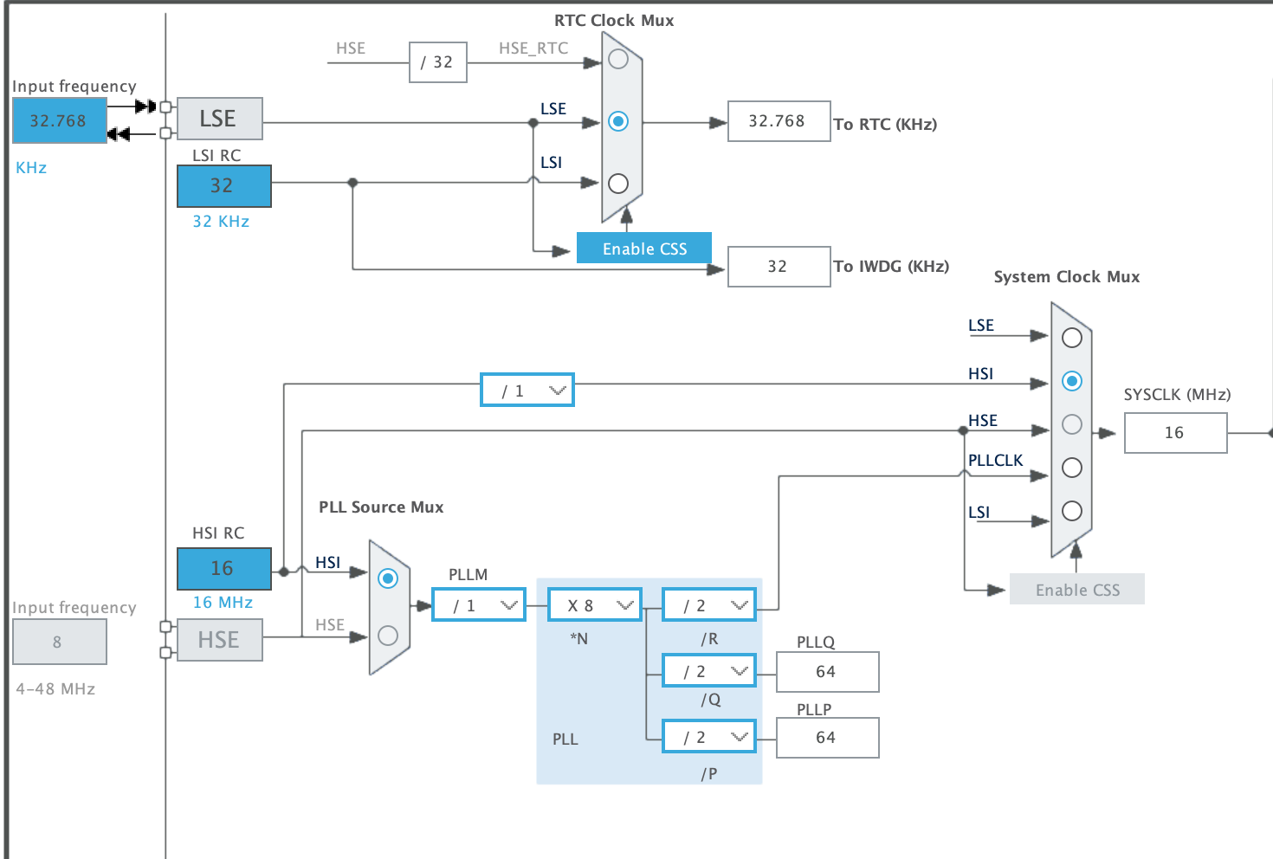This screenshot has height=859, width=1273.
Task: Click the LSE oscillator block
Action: (x=219, y=119)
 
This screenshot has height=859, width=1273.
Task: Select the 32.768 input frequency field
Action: (x=59, y=120)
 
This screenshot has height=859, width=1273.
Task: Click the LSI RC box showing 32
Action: (x=223, y=185)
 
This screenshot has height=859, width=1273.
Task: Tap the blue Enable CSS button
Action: (x=644, y=249)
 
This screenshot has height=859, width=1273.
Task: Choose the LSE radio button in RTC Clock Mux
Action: (x=618, y=121)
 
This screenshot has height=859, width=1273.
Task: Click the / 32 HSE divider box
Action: (x=437, y=62)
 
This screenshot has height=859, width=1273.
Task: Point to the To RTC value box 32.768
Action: (x=779, y=121)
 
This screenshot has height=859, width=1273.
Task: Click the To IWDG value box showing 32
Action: (x=779, y=267)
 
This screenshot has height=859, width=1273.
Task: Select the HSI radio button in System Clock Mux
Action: (x=1072, y=381)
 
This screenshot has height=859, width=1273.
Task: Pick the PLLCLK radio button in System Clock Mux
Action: (x=1072, y=468)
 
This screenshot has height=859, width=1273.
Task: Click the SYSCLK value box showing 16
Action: (x=1175, y=433)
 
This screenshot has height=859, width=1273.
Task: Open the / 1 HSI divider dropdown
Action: (x=527, y=391)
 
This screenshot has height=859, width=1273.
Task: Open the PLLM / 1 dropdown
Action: (x=478, y=605)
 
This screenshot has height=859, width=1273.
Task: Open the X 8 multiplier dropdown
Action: (x=595, y=605)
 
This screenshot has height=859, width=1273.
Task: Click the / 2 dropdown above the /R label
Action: (x=708, y=605)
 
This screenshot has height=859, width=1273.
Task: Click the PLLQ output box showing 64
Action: (x=827, y=672)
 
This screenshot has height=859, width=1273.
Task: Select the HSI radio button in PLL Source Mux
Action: (x=388, y=578)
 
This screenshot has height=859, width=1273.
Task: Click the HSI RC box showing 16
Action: (x=223, y=568)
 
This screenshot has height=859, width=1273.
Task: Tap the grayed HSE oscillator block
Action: (x=219, y=640)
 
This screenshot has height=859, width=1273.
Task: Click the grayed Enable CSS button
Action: (x=1076, y=590)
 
